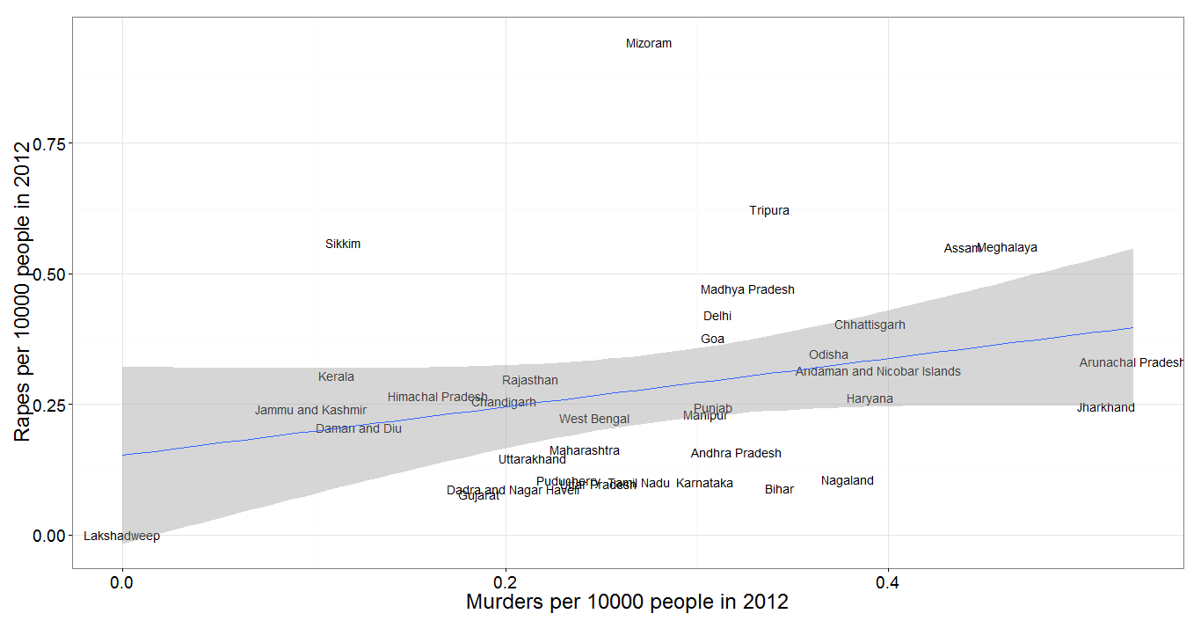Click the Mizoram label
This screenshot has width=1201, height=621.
[649, 43]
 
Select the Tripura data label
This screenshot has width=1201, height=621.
[769, 210]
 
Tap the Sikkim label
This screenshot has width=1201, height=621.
[343, 244]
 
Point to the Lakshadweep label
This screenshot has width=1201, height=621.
[121, 536]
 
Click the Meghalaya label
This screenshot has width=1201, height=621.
[1008, 247]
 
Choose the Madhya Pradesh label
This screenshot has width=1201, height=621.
[747, 289]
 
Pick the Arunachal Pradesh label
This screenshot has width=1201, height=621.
[1132, 362]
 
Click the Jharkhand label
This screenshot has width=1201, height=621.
[1105, 407]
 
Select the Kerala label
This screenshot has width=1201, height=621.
[336, 376]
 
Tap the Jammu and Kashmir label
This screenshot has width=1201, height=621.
[311, 410]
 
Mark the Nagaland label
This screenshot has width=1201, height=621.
[848, 480]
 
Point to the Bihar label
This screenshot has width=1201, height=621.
[779, 489]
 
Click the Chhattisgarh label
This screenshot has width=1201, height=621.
[870, 325]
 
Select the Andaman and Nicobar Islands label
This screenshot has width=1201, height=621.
[877, 371]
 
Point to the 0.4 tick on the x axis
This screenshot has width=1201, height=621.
[888, 581]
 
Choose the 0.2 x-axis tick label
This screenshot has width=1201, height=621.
[505, 581]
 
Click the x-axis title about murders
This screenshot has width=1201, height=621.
[627, 603]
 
